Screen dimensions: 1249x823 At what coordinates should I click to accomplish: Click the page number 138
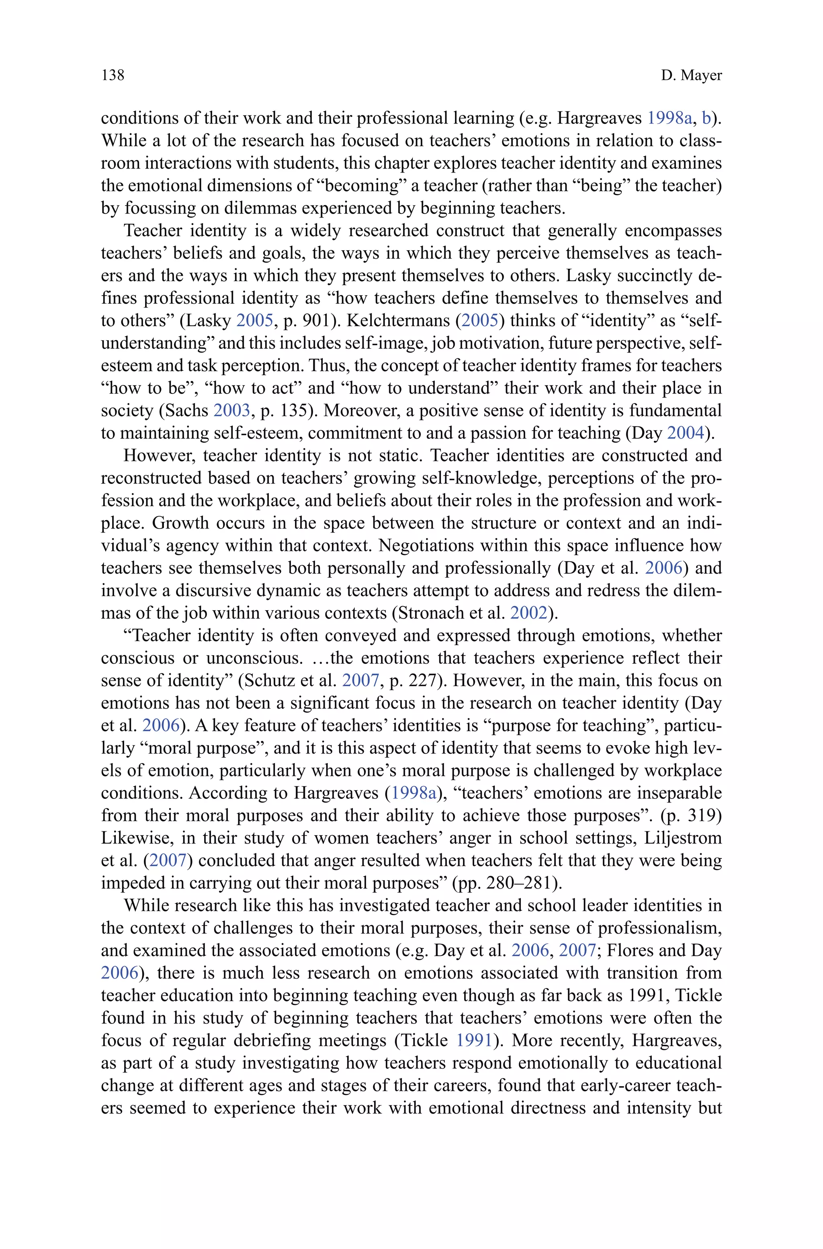[113, 75]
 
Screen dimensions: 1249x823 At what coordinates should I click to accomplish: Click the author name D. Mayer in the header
[691, 76]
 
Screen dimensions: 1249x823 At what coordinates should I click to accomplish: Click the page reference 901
[315, 320]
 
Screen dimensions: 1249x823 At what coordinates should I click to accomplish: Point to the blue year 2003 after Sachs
[231, 410]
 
